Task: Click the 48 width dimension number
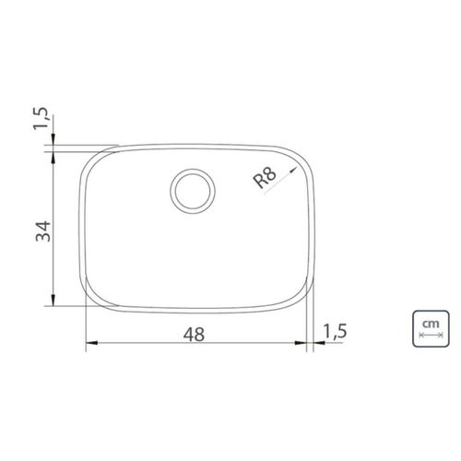tap(194, 335)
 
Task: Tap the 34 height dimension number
tap(43, 231)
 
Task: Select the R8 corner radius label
tap(265, 178)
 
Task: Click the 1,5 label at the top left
tap(41, 118)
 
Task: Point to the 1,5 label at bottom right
tap(336, 331)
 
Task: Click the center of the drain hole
tap(193, 191)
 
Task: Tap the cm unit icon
tap(431, 328)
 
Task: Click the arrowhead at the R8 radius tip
tap(293, 170)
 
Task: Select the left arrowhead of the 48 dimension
tap(91, 343)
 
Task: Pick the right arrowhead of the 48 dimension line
tap(301, 343)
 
